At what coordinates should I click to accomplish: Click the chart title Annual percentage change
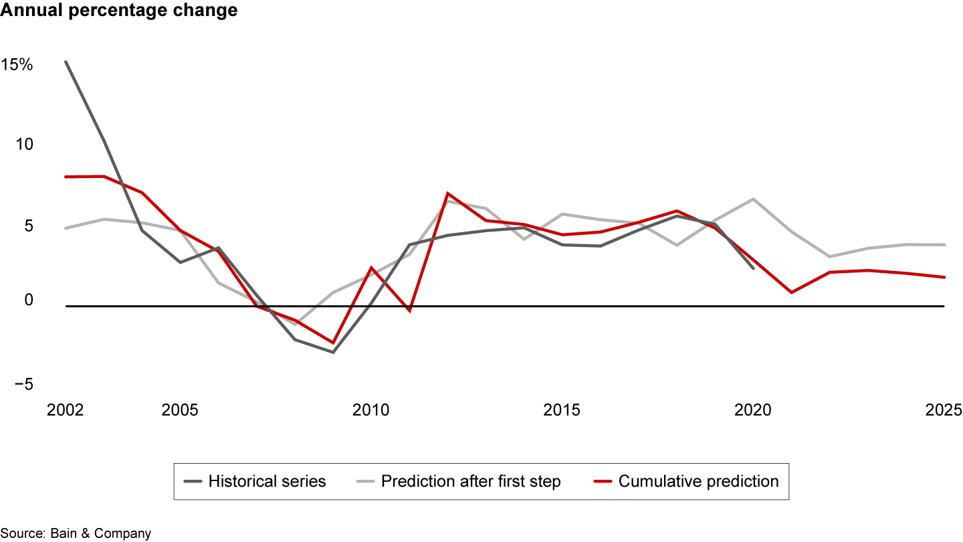[118, 11]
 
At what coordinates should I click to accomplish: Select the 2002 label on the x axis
[65, 410]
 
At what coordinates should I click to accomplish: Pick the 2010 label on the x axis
[370, 410]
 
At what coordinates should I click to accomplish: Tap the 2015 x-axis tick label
[562, 410]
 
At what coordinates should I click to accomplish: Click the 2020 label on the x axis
[753, 410]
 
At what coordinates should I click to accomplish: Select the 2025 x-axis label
[944, 410]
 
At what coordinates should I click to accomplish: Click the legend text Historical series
[267, 481]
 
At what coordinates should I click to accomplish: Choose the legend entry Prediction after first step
[471, 481]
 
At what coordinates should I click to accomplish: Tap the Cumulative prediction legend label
[698, 481]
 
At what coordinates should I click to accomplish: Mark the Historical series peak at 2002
[66, 62]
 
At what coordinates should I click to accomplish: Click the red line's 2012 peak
[447, 193]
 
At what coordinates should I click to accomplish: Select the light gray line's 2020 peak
[753, 199]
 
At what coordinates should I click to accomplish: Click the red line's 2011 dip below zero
[409, 311]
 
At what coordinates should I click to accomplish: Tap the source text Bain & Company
[76, 533]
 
